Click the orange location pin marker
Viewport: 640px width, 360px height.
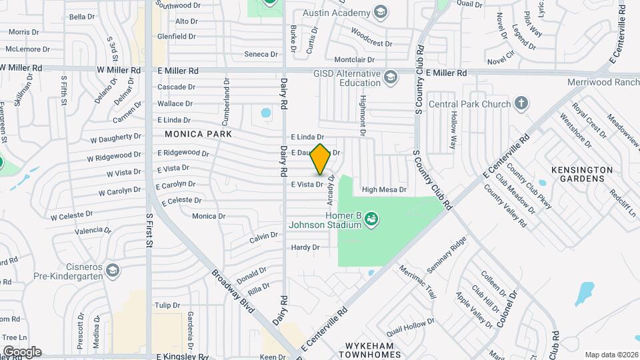320,159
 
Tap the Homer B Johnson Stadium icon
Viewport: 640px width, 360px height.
372,217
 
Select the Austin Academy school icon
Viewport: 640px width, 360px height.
380,13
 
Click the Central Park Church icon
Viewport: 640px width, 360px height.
521,103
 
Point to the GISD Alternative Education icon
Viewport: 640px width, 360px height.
391,78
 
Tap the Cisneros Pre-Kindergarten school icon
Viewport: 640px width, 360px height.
113,269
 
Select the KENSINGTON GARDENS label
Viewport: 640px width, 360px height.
581,175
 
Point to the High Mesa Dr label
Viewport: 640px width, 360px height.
384,190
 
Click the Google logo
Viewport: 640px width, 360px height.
21,351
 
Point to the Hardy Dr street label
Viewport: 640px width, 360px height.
306,247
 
